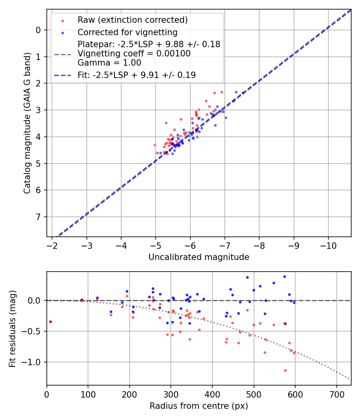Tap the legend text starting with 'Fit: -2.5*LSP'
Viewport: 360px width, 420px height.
pos(136,75)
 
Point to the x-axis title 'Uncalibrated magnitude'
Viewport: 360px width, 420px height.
pos(199,257)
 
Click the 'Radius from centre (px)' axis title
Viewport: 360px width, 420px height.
pos(199,406)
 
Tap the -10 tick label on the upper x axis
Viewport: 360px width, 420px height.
pos(328,245)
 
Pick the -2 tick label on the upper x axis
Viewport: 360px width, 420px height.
pos(52,245)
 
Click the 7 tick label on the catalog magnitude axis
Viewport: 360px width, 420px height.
pos(38,217)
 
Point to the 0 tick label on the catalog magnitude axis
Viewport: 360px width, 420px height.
pos(38,30)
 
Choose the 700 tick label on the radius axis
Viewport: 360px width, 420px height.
pos(336,395)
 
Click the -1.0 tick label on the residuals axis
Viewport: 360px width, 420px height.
pos(33,362)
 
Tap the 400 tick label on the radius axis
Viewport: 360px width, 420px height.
pos(212,395)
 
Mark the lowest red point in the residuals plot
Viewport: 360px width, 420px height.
pos(285,370)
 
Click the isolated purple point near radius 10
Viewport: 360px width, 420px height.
pos(50,322)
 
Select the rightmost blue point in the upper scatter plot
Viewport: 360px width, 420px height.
pos(236,92)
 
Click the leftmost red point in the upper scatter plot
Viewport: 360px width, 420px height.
pos(155,145)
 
